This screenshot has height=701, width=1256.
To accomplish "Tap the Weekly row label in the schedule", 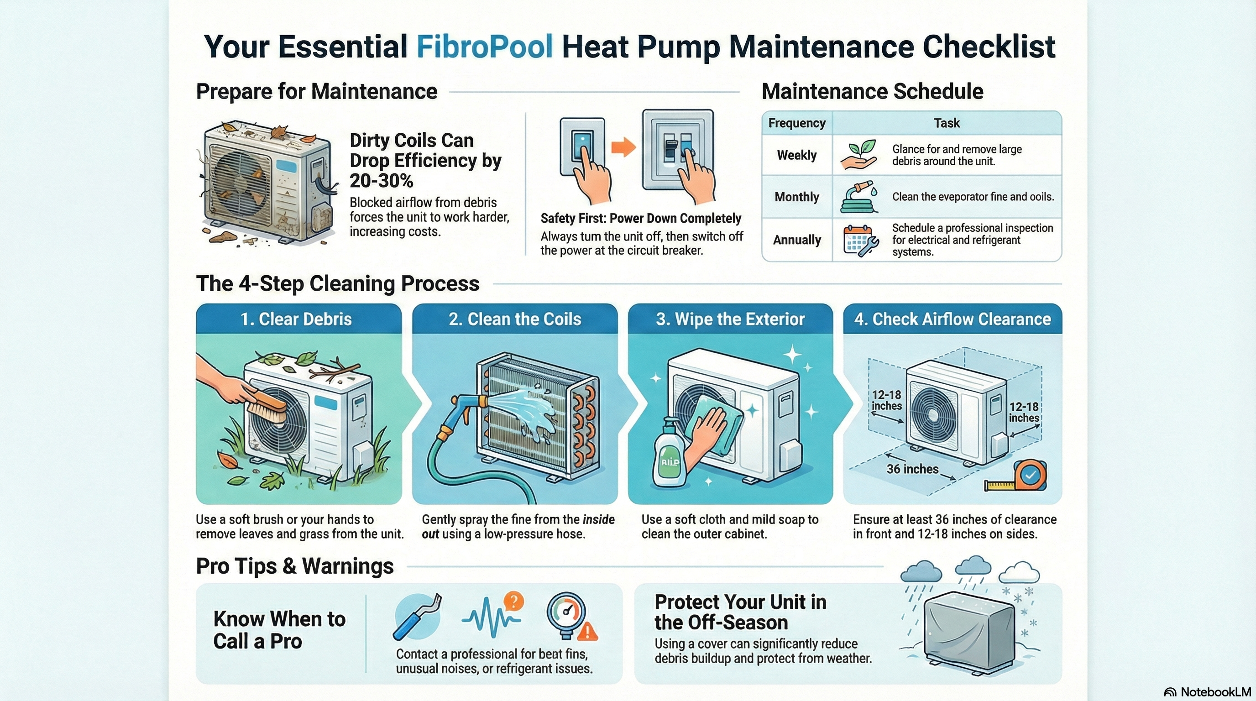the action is click(797, 155).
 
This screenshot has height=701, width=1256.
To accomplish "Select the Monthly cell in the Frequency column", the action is click(797, 197).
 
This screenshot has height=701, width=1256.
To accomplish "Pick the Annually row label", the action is click(797, 240).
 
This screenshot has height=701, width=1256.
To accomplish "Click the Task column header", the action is click(947, 123).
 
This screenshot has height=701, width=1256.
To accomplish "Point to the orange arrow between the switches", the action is click(623, 147).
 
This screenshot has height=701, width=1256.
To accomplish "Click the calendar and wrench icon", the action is click(861, 241).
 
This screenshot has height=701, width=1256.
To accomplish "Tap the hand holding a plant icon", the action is click(858, 155).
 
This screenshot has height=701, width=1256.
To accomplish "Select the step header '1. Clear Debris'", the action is click(296, 319).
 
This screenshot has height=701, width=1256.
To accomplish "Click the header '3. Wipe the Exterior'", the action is click(730, 319).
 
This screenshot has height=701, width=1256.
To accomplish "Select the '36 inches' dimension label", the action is click(912, 469).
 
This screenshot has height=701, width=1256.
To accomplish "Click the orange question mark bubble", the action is click(513, 601).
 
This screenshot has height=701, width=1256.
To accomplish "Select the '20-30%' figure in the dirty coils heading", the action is click(381, 181).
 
